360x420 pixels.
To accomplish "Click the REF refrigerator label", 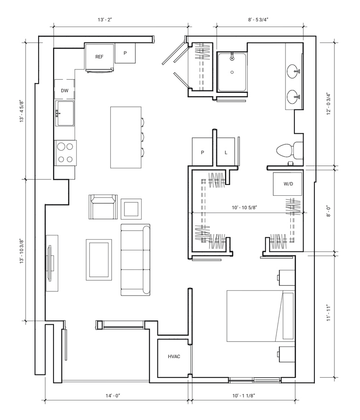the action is (99, 57).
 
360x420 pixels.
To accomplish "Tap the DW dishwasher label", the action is (65, 90).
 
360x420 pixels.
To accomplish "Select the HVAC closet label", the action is (174, 357).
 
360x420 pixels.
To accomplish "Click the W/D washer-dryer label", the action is (288, 184).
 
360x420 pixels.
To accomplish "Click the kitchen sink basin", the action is (65, 113).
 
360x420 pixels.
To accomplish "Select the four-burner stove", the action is (65, 153).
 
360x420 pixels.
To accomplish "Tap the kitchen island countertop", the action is (126, 138).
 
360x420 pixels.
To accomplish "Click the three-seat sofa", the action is (136, 260).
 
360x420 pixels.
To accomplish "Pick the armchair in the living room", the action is (103, 207).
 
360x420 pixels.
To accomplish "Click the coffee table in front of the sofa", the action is (99, 260).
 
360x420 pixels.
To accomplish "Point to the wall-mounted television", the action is (50, 263).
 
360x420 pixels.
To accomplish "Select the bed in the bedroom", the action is (261, 316).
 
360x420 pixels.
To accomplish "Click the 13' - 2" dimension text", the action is (105, 20).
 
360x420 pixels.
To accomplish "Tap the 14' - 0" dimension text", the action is (113, 395).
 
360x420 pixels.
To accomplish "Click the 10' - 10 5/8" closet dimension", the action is (245, 207).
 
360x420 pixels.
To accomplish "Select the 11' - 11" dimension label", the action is (329, 313).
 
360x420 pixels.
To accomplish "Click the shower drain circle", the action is (232, 72).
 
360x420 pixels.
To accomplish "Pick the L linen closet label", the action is (226, 153).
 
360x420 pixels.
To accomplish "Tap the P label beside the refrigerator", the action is (125, 53).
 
